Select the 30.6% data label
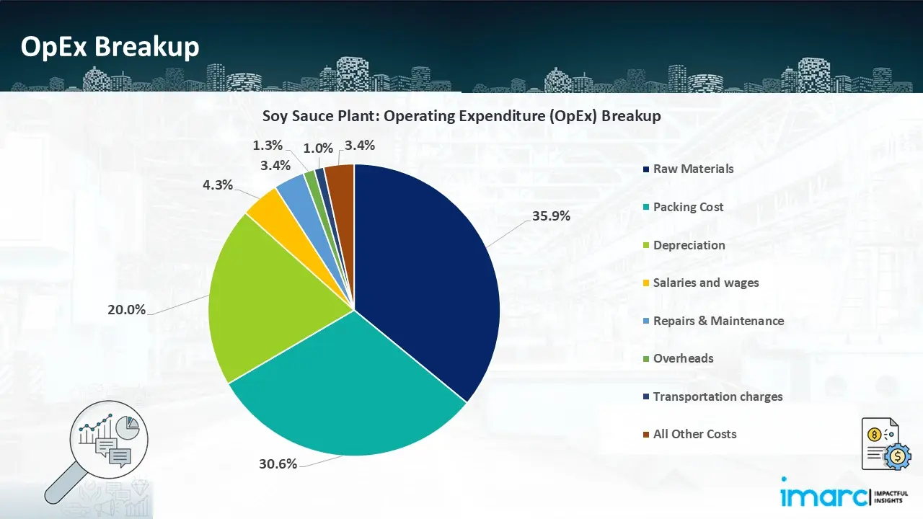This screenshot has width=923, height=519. [278, 464]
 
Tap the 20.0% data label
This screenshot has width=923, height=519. [127, 310]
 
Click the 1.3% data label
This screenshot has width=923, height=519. [268, 145]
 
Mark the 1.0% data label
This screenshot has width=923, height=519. [318, 148]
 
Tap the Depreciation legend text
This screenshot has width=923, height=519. [689, 245]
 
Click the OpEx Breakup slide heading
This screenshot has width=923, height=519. [110, 47]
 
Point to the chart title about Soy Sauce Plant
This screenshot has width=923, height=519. [461, 116]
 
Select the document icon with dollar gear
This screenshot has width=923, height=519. [883, 444]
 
